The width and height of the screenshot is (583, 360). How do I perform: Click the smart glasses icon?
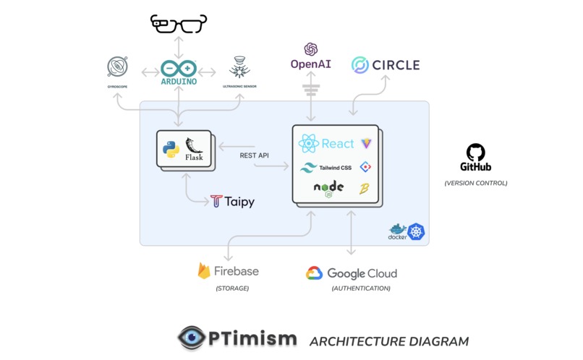pyautogui.click(x=179, y=24)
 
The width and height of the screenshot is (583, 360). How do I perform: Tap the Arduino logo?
pyautogui.click(x=179, y=72)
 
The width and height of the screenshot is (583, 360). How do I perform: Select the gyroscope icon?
pyautogui.click(x=117, y=67)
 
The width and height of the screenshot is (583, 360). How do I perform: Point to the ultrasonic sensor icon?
pyautogui.click(x=239, y=67)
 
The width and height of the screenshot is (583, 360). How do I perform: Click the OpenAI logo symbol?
pyautogui.click(x=311, y=49)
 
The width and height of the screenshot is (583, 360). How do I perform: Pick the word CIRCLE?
pyautogui.click(x=396, y=65)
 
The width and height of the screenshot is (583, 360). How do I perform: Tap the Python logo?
pyautogui.click(x=171, y=150)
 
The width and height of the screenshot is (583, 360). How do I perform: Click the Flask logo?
pyautogui.click(x=194, y=149)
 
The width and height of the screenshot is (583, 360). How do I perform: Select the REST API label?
pyautogui.click(x=255, y=155)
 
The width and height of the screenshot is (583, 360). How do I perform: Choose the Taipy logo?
pyautogui.click(x=232, y=202)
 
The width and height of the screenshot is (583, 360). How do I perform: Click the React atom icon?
pyautogui.click(x=309, y=143)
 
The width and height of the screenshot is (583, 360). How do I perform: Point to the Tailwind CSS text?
pyautogui.click(x=336, y=168)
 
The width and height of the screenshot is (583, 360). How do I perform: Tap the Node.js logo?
pyautogui.click(x=328, y=189)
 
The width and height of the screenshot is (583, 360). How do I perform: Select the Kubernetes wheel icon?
pyautogui.click(x=416, y=232)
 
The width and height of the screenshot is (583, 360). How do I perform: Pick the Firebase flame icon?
pyautogui.click(x=204, y=270)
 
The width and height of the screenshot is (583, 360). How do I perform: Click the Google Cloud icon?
pyautogui.click(x=314, y=273)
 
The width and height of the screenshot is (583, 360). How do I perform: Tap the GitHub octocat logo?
pyautogui.click(x=476, y=153)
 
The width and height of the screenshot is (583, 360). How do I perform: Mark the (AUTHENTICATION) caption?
pyautogui.click(x=361, y=288)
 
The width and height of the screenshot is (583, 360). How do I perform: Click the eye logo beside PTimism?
pyautogui.click(x=192, y=338)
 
